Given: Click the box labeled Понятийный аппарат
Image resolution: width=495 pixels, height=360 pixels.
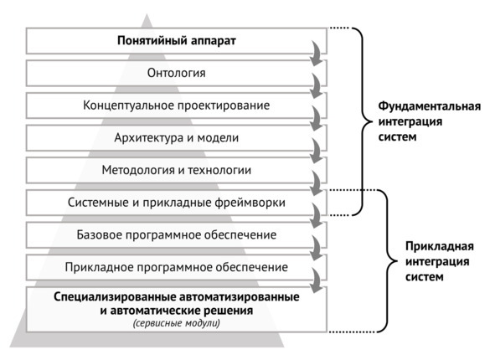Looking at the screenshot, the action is tap(176, 41).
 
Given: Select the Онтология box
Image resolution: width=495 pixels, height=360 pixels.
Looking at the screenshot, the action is tap(176, 73).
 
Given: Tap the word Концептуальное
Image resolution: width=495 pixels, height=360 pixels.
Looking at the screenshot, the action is tap(128, 105).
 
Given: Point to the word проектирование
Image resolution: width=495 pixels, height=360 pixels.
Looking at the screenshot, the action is tap(223, 105).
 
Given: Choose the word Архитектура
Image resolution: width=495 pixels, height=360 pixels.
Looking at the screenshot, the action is tap(152, 138).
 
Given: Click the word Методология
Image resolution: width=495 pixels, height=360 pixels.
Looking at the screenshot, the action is tap(138, 171).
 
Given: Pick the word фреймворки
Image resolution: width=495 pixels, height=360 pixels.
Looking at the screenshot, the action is tap(250, 203).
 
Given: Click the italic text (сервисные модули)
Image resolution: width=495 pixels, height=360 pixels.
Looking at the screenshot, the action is tap(177, 323).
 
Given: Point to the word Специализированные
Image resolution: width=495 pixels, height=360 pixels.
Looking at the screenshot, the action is tap(115, 297).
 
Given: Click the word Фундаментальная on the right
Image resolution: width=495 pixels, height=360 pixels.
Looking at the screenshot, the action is tap(430, 106).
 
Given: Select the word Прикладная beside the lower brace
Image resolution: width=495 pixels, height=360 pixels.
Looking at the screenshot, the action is tap(440, 246).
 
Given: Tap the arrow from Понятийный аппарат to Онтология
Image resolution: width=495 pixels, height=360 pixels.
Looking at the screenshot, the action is tap(316, 54).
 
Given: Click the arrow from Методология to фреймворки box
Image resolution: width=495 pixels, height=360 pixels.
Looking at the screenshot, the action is tap(316, 183).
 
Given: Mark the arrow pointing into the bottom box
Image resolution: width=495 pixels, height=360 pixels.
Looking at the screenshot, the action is tap(316, 280).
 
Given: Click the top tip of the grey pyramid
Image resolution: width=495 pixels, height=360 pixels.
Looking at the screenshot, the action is tap(147, 13).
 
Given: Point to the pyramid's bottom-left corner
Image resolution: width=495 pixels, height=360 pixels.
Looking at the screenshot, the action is tap(10, 347).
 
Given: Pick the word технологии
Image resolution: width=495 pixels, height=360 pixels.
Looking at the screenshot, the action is tap(219, 171).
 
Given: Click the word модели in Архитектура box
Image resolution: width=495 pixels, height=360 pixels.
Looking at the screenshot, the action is tap(218, 138).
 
